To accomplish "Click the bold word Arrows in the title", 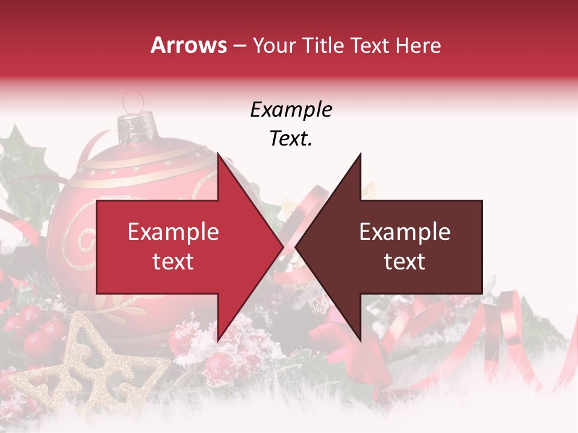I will [188, 45].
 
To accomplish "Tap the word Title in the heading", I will [322, 45].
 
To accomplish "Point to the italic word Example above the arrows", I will [291, 109].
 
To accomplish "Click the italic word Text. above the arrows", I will [291, 139].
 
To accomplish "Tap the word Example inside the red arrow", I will [173, 232].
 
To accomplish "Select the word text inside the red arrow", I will [173, 262].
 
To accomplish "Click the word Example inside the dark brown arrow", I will [405, 232].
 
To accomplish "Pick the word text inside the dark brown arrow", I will [405, 262].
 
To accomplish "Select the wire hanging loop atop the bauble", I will [133, 100].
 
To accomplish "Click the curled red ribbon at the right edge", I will [512, 337].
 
